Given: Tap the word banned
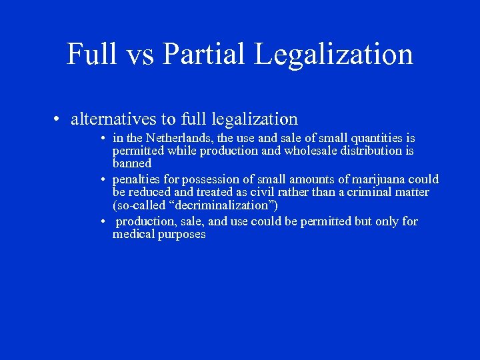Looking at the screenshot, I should click(x=132, y=163).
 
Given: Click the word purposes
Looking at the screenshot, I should click(x=182, y=235).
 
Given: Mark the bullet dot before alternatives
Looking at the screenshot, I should click(x=59, y=120).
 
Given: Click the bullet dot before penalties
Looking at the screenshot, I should click(x=105, y=180).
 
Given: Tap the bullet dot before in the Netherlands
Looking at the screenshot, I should click(x=105, y=139).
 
